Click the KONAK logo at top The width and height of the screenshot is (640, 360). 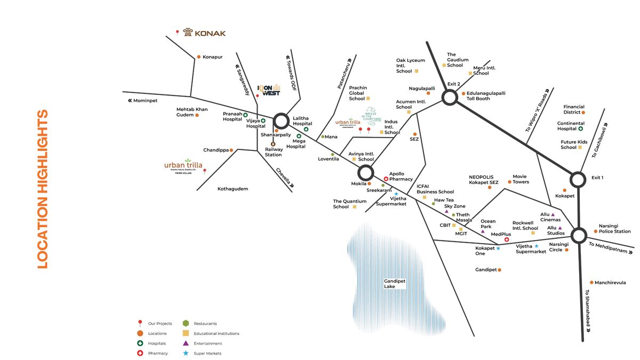coord(204,33)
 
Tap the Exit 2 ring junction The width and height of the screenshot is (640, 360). coord(450,97)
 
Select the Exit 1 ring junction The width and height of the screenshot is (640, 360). coord(578,179)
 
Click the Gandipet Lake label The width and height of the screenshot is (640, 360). coord(395,284)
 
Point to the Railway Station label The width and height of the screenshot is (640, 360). coord(273,152)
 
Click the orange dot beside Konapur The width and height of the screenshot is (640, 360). coord(198,57)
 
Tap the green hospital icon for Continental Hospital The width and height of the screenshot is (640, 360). coord(580,129)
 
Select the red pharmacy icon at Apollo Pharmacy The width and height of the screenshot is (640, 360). coord(386,179)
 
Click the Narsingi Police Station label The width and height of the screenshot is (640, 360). coord(614,228)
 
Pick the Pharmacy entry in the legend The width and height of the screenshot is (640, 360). coord(158,354)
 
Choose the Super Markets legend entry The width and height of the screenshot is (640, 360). coord(207,354)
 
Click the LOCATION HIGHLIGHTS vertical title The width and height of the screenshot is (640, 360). coord(43,189)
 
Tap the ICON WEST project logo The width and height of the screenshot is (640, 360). coord(269,90)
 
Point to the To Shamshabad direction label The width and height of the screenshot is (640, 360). coord(588,311)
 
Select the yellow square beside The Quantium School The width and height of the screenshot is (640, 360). coord(354,207)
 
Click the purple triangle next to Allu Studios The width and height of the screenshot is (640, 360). coord(560,228)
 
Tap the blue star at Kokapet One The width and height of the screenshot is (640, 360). coord(498,249)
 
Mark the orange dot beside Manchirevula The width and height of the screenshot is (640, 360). coord(591,283)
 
